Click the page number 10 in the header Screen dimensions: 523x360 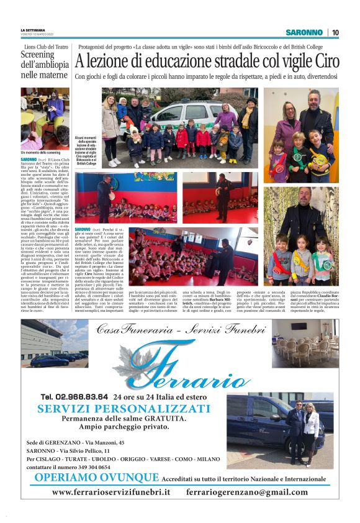point(335,32)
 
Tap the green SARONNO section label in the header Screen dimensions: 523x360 point(304,32)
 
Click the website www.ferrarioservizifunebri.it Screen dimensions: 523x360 point(111,492)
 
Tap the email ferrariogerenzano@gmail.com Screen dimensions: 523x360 point(246,492)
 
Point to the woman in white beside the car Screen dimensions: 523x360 point(311,432)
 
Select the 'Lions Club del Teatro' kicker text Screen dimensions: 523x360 point(46,46)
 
